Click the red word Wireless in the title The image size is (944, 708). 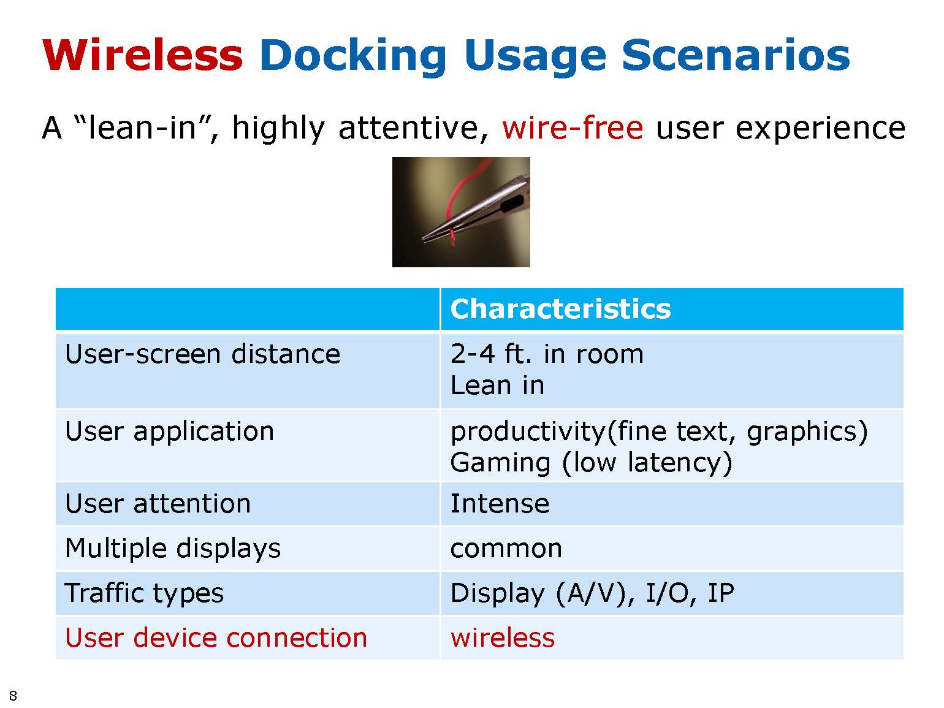[142, 55]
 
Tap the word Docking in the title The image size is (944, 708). [353, 58]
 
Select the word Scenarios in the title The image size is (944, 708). [736, 55]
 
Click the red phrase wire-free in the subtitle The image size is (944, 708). [572, 128]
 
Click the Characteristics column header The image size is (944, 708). [560, 309]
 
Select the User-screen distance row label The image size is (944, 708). [202, 354]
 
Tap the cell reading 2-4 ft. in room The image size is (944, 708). [547, 354]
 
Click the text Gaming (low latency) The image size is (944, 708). [591, 463]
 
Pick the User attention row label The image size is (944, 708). [158, 503]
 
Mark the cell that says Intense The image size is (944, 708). [500, 503]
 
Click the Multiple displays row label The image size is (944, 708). [172, 549]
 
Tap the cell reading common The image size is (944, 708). [506, 549]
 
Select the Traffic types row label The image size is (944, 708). [144, 593]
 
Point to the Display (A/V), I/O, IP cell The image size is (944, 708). [592, 593]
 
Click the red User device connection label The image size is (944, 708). [216, 638]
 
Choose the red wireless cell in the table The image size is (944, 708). [502, 638]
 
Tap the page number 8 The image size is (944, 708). [13, 695]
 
